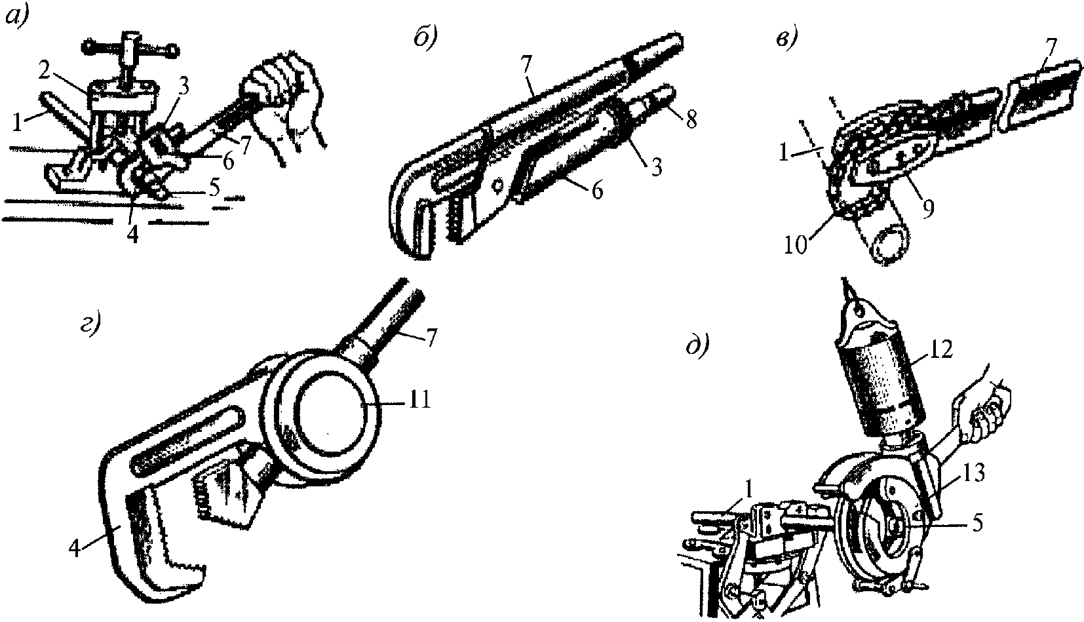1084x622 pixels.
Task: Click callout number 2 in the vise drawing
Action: [45, 73]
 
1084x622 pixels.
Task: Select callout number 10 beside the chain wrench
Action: [796, 246]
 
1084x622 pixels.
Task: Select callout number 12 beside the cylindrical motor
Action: [940, 349]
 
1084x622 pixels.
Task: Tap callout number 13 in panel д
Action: [973, 473]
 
